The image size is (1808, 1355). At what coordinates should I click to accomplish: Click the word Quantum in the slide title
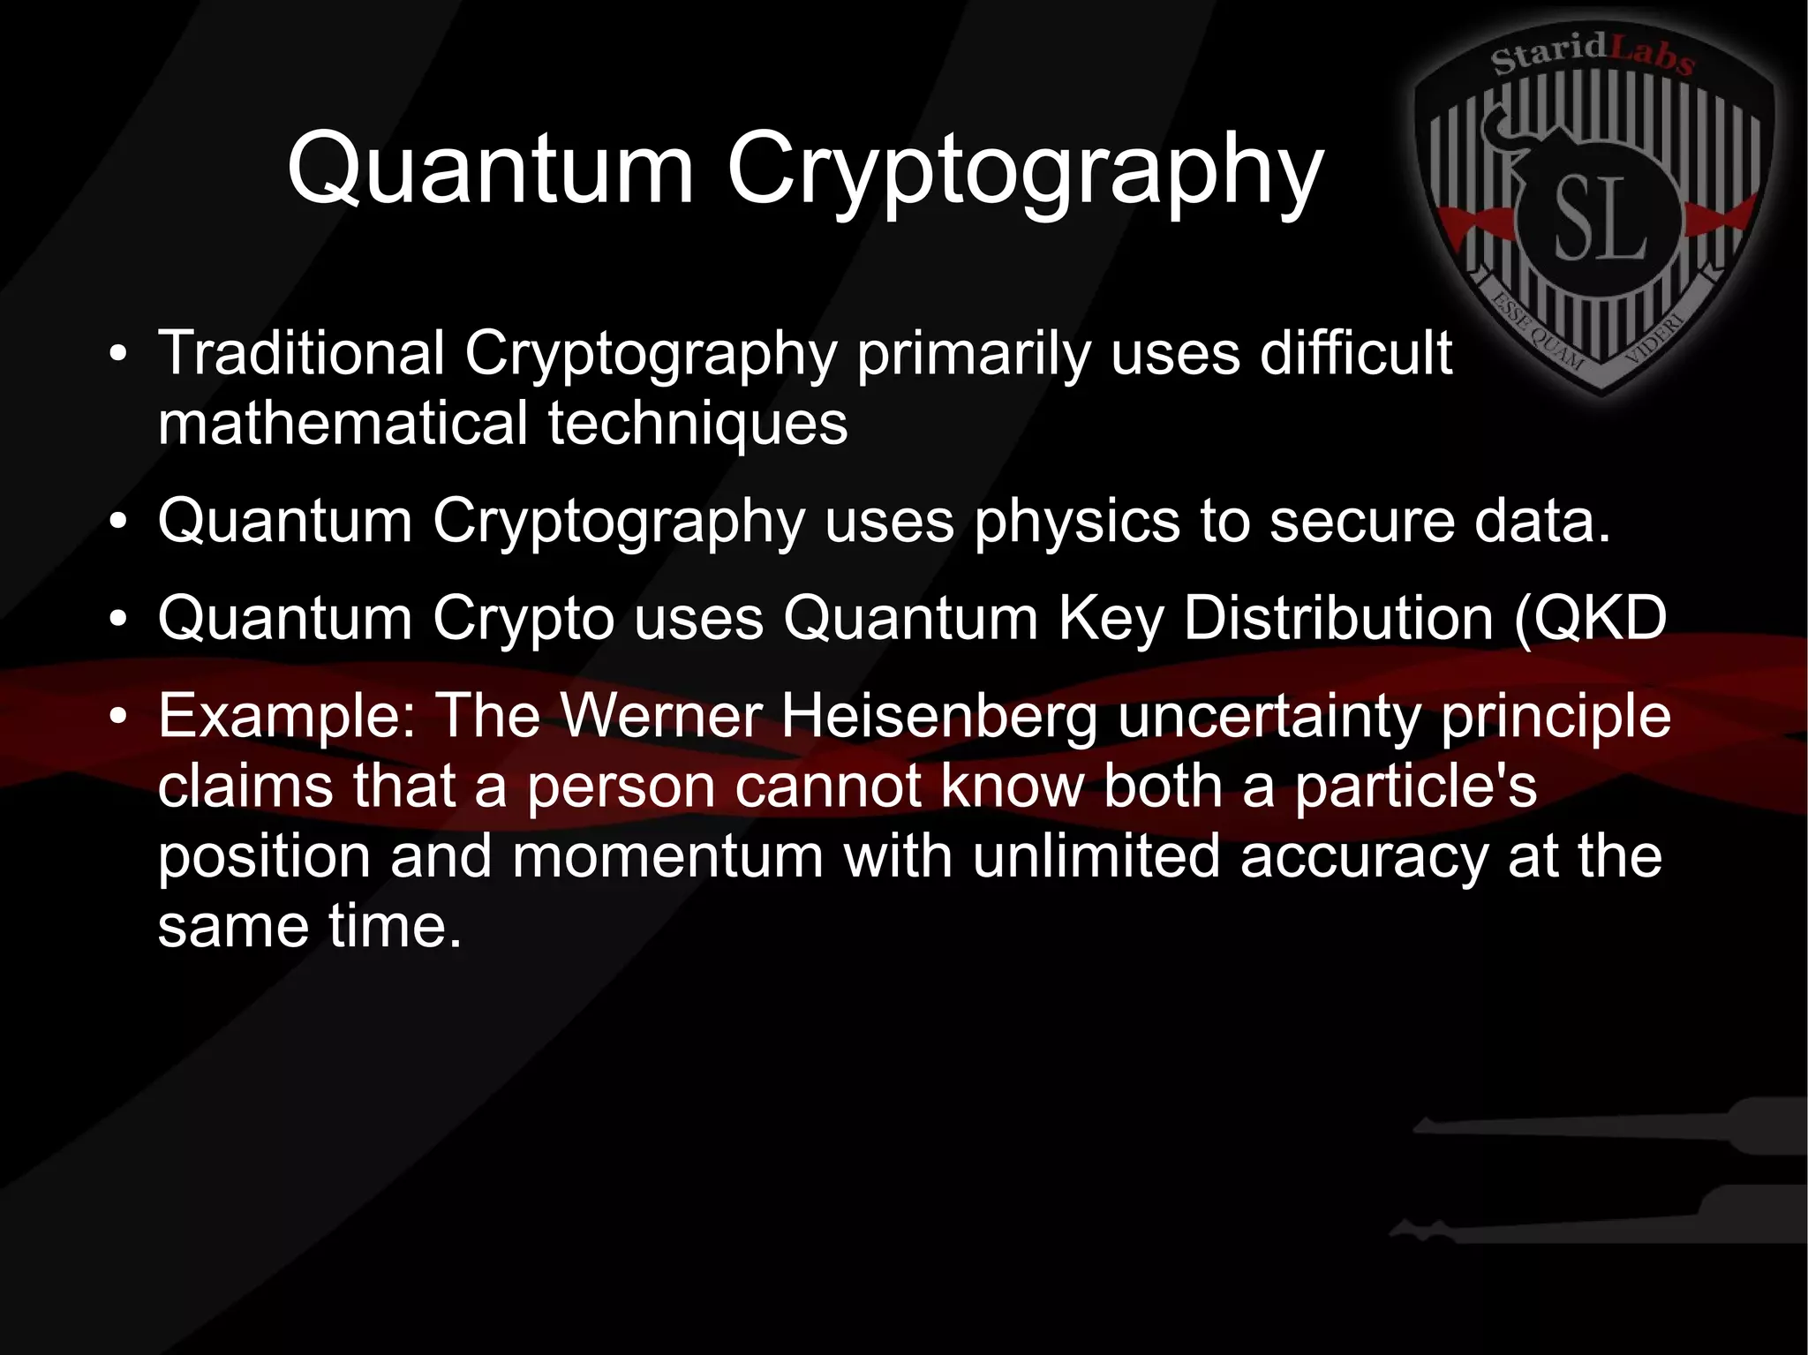[x=491, y=168]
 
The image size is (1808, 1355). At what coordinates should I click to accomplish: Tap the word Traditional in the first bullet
[x=301, y=353]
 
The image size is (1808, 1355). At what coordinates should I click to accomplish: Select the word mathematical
[x=343, y=423]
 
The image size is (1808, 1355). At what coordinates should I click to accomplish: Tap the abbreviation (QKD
[x=1590, y=618]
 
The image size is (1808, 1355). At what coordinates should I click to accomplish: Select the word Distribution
[x=1337, y=618]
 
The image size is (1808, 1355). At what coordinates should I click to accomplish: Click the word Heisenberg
[x=938, y=716]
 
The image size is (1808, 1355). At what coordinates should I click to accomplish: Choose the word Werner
[x=661, y=716]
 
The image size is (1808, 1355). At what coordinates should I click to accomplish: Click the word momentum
[x=667, y=857]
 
